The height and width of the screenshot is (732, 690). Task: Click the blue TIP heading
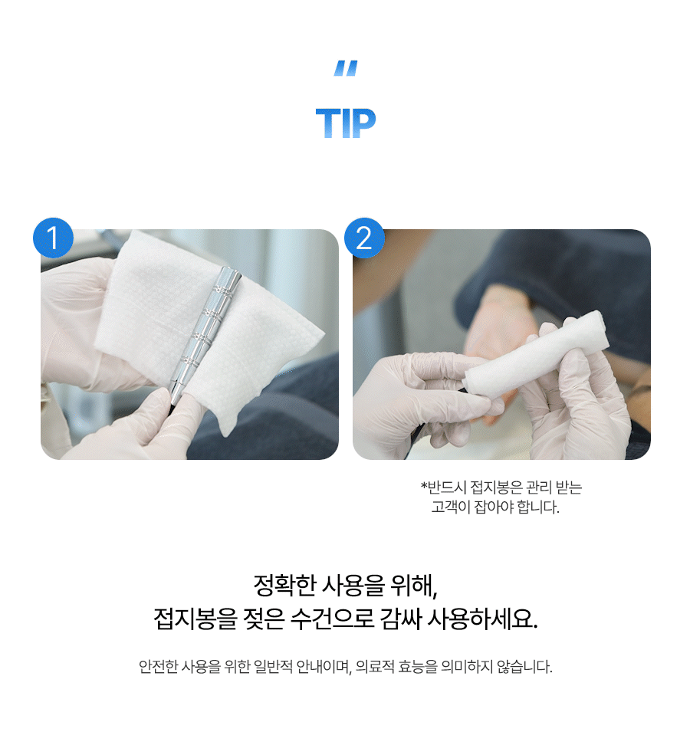346,123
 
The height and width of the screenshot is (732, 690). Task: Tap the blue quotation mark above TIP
346,68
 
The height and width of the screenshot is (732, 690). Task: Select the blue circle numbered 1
53,238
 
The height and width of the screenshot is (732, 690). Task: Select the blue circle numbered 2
364,238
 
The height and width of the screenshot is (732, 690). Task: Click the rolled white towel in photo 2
536,355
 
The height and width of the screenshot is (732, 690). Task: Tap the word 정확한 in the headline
284,586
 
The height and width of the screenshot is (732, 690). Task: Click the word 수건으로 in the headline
332,619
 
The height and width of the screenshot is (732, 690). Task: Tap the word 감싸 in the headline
400,619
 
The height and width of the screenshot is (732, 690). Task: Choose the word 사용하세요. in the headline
483,619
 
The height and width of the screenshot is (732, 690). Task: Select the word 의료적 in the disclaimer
375,667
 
